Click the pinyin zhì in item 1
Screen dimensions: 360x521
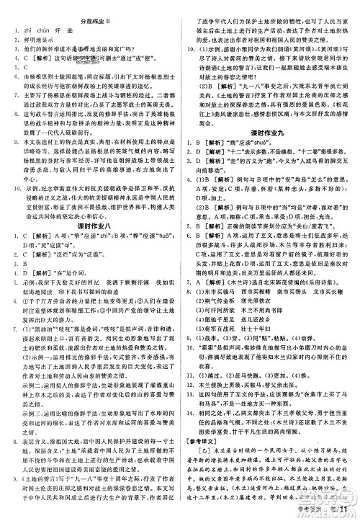(x=21, y=29)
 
